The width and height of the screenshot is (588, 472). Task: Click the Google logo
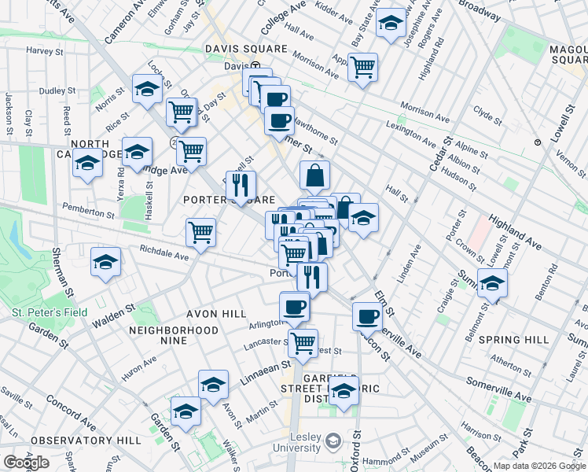click(x=26, y=463)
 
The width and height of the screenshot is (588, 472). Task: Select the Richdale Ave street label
click(x=164, y=256)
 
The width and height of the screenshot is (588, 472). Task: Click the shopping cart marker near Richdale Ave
click(x=201, y=233)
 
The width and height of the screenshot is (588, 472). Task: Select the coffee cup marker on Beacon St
click(x=367, y=316)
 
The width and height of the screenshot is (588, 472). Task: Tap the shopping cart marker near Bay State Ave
click(x=362, y=67)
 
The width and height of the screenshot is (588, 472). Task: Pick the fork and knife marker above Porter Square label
click(x=241, y=185)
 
